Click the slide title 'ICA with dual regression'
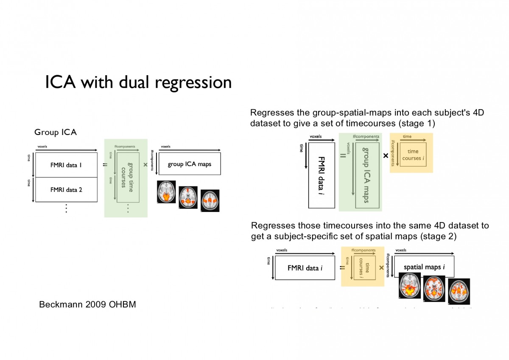click(x=138, y=82)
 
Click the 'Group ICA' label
click(x=56, y=132)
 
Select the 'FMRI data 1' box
click(x=65, y=165)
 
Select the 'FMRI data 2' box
click(x=65, y=190)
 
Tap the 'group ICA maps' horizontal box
click(x=189, y=164)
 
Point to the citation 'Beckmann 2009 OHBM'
click(x=87, y=304)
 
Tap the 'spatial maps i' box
click(x=424, y=267)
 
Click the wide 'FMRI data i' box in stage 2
click(x=305, y=268)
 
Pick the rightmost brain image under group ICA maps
click(x=210, y=200)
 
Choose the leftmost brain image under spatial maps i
click(x=410, y=286)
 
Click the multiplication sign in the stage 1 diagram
click(x=386, y=156)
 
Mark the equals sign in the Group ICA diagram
click(x=105, y=164)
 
